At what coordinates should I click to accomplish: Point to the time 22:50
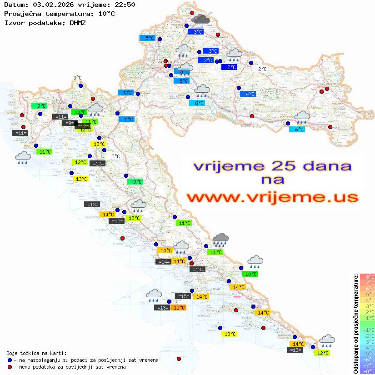point(124,5)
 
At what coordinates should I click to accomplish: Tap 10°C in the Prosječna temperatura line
point(106,14)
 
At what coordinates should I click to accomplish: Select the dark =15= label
point(183,296)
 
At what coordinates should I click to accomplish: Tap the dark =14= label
point(163,262)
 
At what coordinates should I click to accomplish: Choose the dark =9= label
point(69,123)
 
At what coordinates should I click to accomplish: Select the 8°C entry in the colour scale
point(367,276)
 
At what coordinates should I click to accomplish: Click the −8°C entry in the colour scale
point(367,371)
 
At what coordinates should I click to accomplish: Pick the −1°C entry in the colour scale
point(367,330)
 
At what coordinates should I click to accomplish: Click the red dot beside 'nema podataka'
point(10,367)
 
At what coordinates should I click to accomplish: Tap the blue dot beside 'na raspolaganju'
point(10,360)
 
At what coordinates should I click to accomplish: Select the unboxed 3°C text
point(77,78)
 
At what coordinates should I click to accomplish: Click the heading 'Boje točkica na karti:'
point(36,353)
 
